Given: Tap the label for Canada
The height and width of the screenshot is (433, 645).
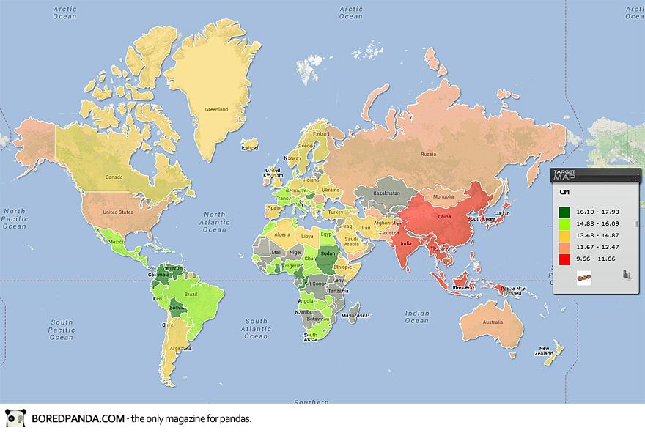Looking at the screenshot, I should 114,177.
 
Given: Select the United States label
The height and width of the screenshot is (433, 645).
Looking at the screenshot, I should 118,212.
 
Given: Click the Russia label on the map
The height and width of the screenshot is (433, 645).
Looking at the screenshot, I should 428,155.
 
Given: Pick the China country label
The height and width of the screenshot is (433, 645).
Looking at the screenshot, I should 443,218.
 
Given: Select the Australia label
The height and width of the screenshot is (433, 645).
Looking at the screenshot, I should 492,323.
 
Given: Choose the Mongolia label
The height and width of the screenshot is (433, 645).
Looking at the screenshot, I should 445,197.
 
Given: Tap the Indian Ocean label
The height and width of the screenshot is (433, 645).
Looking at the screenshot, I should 417,317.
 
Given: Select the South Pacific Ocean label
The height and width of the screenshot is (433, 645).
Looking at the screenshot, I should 62,330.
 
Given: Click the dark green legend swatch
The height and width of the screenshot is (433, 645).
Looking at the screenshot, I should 565,213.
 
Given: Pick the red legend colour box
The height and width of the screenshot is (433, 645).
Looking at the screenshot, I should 565,259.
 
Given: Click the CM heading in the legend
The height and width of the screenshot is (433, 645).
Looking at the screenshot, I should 564,192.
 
